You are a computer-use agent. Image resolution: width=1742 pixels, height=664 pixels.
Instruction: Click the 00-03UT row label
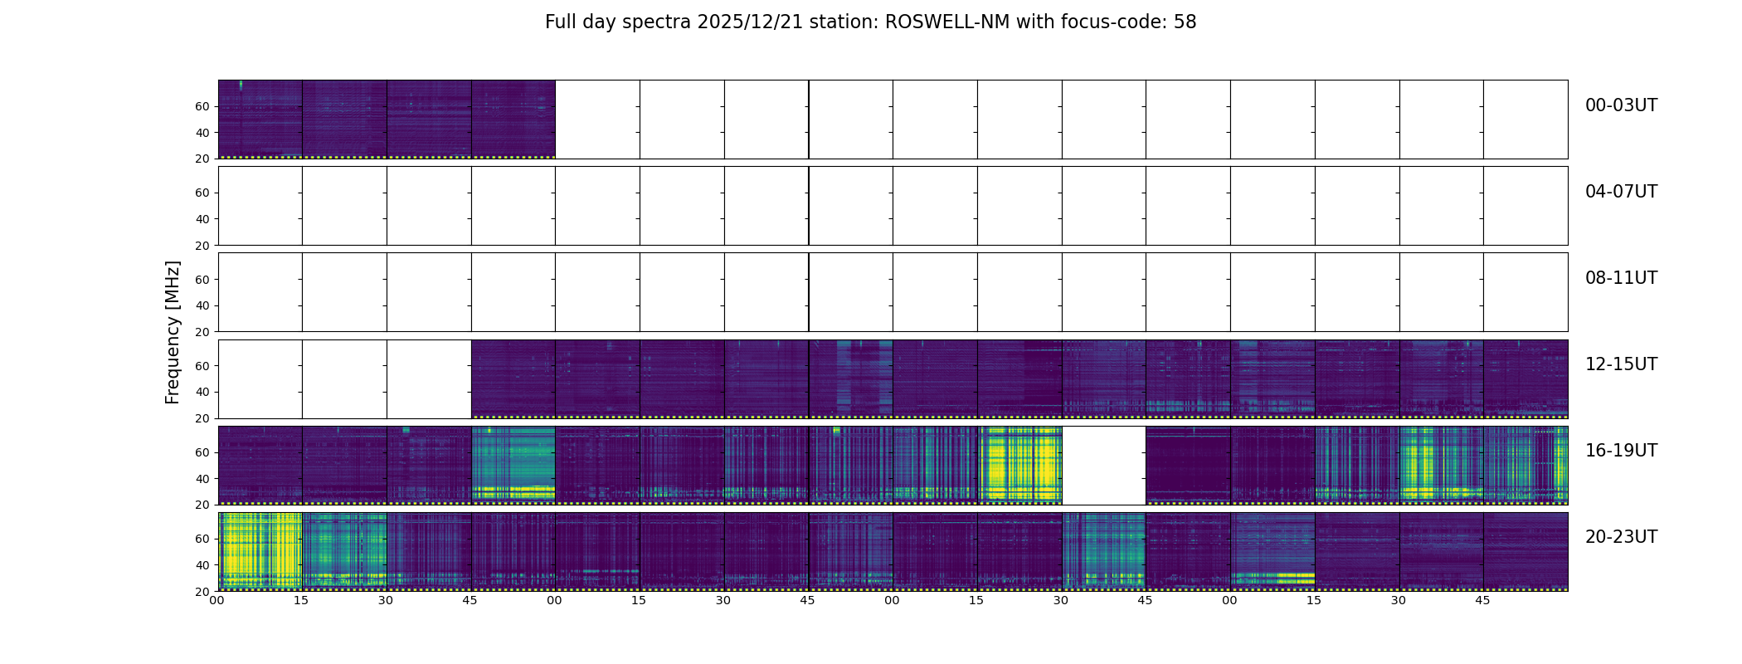tap(1621, 105)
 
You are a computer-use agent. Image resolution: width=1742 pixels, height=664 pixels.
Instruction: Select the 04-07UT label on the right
tap(1621, 192)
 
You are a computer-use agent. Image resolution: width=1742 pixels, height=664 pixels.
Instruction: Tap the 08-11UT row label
tap(1621, 278)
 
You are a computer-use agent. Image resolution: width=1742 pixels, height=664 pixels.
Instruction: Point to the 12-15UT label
tap(1621, 364)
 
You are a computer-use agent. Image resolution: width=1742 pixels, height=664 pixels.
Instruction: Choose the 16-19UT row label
tap(1621, 451)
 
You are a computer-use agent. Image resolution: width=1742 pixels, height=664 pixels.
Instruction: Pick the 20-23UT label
tap(1621, 537)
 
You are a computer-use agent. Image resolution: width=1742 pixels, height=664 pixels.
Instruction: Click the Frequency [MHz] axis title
tap(173, 332)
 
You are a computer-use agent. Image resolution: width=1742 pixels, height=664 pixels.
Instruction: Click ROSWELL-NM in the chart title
tap(947, 22)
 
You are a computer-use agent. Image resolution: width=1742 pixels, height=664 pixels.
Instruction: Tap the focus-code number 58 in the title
tap(1185, 22)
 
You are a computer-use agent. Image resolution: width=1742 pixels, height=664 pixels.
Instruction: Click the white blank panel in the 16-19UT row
tap(1103, 465)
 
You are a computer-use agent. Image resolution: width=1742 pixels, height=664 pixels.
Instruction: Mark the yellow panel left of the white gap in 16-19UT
tap(1019, 465)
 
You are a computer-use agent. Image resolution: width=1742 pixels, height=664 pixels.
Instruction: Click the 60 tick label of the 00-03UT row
tap(202, 106)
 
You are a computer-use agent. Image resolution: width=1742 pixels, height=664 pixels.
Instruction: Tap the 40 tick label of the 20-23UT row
tap(202, 565)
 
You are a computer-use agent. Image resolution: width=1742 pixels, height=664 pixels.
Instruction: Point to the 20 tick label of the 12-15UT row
tap(202, 418)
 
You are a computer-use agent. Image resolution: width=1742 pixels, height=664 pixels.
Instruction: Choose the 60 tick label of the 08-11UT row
tap(202, 280)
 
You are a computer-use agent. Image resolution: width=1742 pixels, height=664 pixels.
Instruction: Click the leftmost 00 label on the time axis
tap(217, 600)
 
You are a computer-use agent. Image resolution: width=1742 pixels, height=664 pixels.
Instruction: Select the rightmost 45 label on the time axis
tap(1482, 600)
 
